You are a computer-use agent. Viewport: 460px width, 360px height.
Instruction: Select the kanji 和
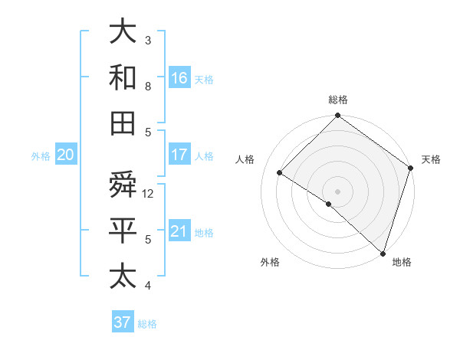click(123, 77)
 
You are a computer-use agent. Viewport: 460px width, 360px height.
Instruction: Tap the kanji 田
click(123, 123)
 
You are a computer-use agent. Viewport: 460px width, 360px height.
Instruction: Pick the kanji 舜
click(123, 185)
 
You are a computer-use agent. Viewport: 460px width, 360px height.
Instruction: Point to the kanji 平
click(123, 231)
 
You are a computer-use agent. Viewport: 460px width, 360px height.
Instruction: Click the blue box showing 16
click(179, 77)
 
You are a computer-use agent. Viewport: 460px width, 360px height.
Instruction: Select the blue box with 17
click(179, 155)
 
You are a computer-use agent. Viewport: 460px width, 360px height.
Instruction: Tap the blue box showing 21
click(179, 231)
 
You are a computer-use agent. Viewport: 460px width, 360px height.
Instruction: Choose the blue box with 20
click(65, 155)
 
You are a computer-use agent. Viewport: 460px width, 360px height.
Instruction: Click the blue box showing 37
click(123, 322)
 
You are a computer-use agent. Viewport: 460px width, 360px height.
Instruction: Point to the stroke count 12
click(149, 194)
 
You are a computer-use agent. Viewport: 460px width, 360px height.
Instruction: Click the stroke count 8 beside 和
click(149, 86)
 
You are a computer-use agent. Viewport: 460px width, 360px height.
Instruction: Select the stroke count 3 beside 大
click(149, 40)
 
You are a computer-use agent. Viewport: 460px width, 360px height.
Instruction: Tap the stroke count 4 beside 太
click(149, 286)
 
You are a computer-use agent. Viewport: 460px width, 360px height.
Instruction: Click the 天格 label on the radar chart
click(431, 159)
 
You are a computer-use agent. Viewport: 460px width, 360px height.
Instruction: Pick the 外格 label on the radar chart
click(270, 262)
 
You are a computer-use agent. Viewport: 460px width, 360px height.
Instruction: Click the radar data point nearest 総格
click(337, 116)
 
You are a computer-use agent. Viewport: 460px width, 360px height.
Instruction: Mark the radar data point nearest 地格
click(382, 253)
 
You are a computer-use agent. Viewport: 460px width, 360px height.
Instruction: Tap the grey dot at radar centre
click(337, 191)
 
